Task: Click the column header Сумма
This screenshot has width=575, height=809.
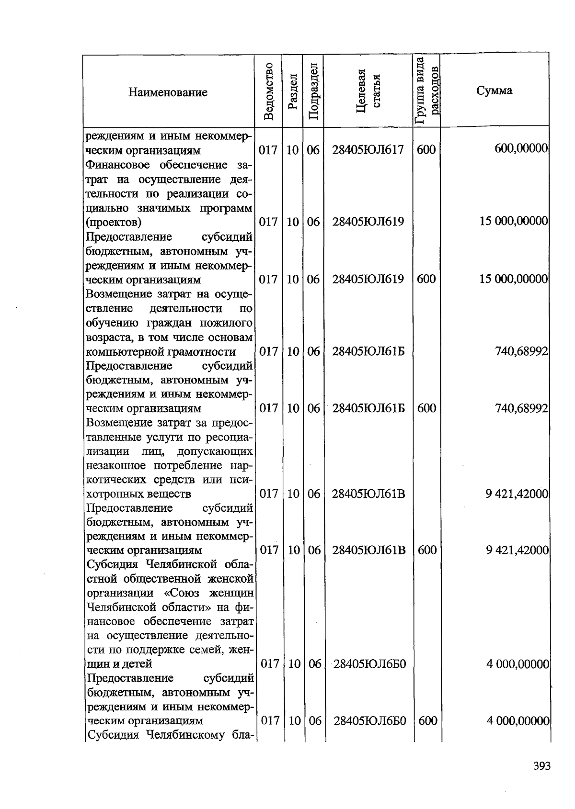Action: point(494,90)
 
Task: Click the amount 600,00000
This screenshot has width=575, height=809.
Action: point(521,149)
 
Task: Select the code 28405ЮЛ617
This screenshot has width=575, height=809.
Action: point(368,150)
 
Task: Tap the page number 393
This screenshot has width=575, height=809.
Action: point(542,766)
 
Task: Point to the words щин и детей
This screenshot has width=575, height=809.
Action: point(119,664)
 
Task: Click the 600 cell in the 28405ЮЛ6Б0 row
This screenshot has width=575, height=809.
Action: point(427,720)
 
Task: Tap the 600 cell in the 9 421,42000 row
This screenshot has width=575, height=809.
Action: point(426,550)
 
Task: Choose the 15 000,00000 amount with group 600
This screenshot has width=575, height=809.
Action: point(514,279)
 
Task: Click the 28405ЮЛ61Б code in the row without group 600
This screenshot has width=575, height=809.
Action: point(368,352)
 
